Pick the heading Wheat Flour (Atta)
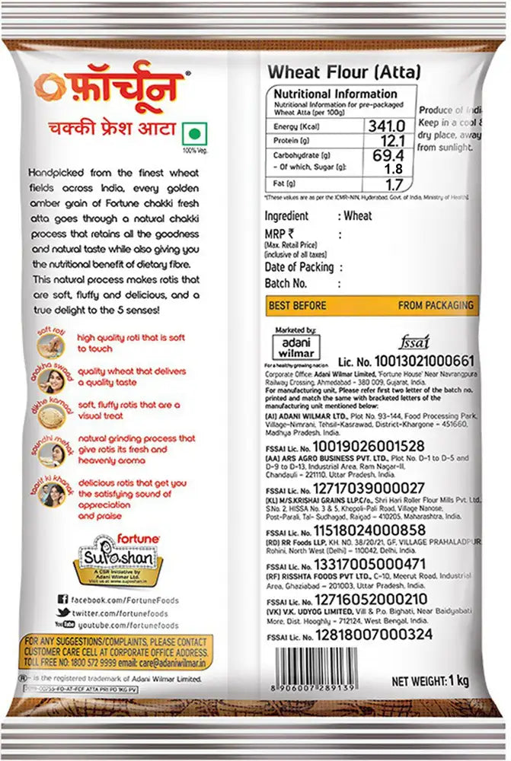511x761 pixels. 343,72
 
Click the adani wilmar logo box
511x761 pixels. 292,344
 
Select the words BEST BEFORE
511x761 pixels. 298,305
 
